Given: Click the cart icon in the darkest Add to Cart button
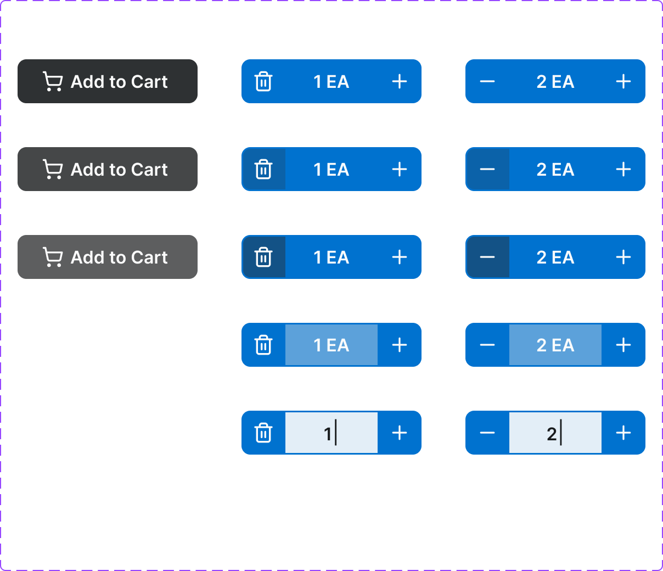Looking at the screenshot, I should pos(53,82).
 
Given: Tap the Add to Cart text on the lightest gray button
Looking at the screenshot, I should pos(119,257).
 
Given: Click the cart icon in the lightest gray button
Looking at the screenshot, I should pos(53,257).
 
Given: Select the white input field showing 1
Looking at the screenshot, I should pos(331,433).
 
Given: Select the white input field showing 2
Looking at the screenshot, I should pos(555,433).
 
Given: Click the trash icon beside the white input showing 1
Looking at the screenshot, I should pos(263,433).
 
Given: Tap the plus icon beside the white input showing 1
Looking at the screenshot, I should pos(400,433).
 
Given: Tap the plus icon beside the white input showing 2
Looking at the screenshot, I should pos(623,433).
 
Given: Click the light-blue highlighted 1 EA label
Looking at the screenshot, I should pos(331,345).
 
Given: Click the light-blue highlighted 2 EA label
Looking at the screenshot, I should pos(555,345).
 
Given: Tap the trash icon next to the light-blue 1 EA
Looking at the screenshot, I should pos(263,345).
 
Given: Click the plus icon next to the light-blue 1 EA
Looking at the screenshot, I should pos(400,345).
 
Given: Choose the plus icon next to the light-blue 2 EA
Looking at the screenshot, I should pos(623,345).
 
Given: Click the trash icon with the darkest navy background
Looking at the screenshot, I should pos(263,257).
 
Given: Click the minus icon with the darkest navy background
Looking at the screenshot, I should pos(487,257).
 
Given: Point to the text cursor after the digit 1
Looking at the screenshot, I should pos(336,433).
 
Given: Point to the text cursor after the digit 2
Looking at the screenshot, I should pos(561,433).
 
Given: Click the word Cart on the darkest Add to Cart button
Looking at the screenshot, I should pos(149,82).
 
